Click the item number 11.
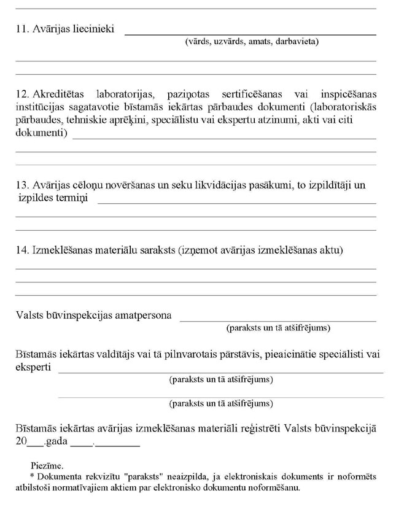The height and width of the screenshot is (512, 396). point(22,29)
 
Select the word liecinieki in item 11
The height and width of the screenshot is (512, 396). point(93,29)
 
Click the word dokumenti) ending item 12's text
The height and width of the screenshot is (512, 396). point(41,133)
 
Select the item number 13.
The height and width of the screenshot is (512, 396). point(22,185)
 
